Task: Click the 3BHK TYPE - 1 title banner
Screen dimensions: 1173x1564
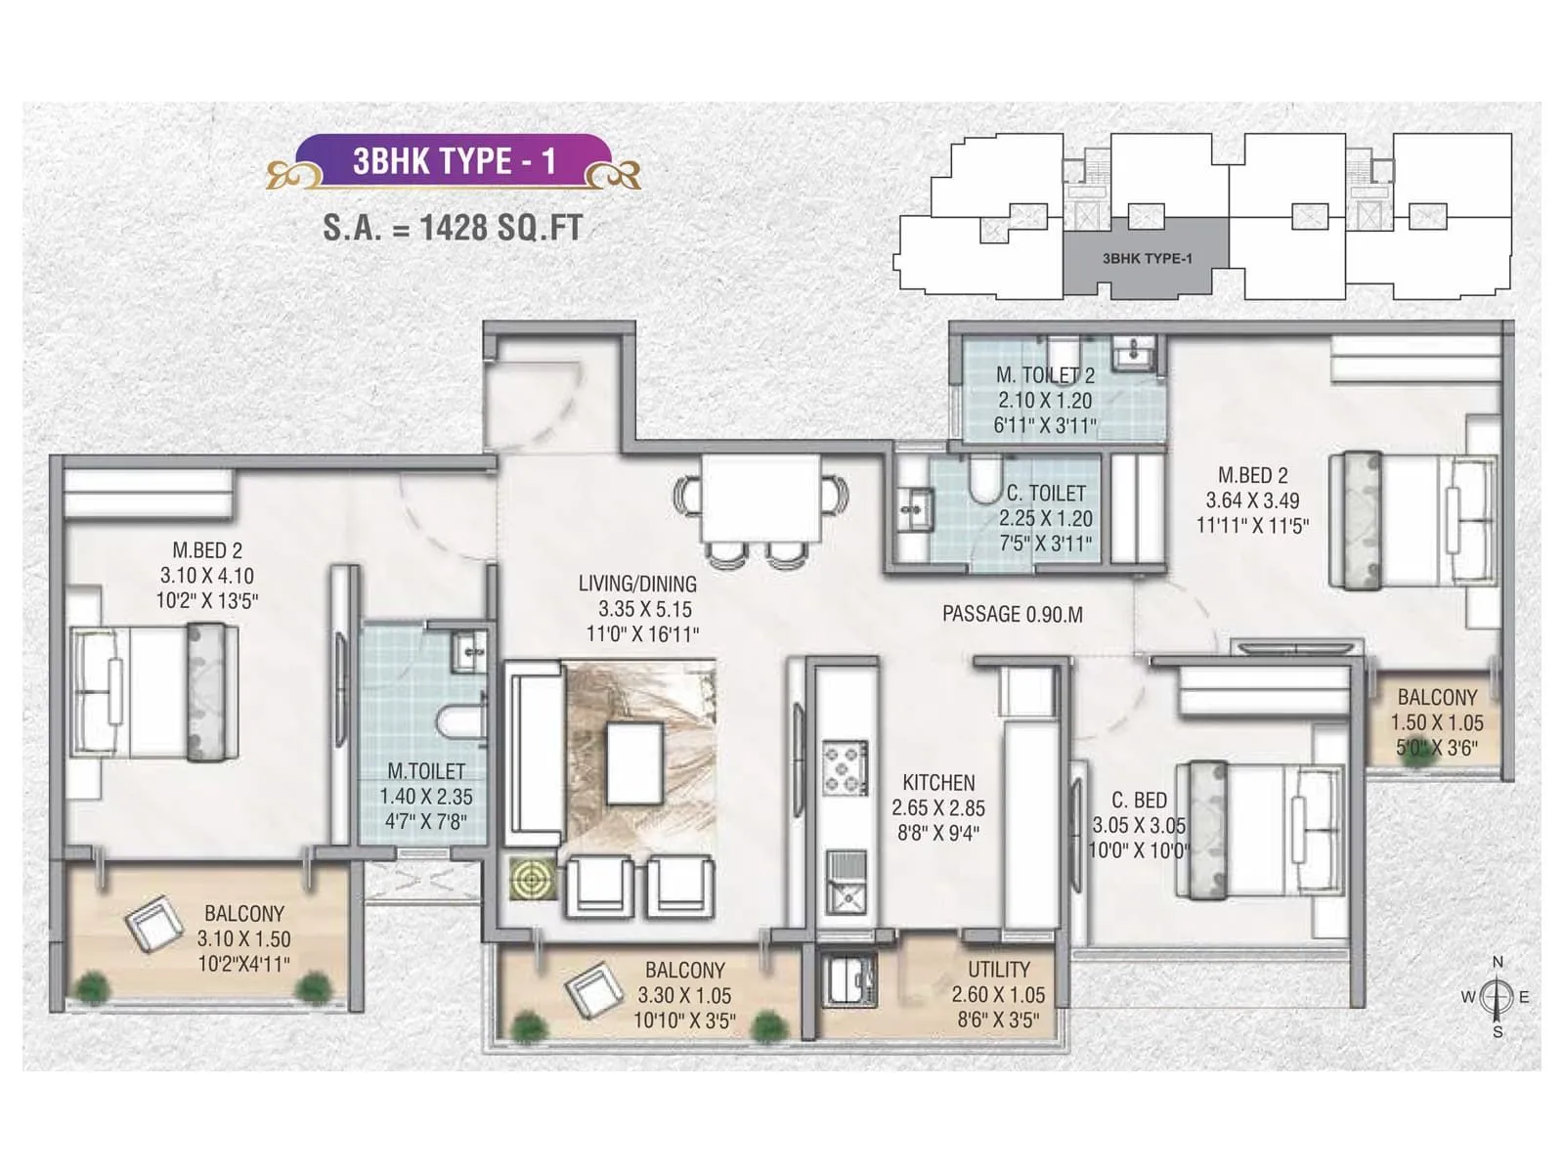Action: coord(454,160)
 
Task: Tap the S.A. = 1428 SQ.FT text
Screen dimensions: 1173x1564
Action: coord(453,228)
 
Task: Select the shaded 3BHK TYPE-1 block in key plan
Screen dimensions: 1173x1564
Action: coord(1146,258)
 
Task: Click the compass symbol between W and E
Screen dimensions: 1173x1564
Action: coord(1496,997)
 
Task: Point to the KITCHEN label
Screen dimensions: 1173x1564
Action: coord(938,783)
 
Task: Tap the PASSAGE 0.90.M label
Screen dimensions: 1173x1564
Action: coord(1012,614)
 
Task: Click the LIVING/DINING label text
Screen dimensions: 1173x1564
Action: coord(637,584)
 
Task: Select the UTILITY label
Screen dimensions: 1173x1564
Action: coord(998,970)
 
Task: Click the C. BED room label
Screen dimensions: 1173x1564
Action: coord(1139,800)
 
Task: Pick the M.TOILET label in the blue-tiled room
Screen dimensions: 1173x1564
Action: coord(426,771)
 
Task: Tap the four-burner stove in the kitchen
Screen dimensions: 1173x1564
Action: coord(845,767)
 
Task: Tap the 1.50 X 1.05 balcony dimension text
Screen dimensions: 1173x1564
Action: coord(1437,723)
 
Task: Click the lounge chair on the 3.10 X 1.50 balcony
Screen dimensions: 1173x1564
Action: coord(154,923)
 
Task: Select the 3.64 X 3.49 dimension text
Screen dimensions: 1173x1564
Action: coord(1252,500)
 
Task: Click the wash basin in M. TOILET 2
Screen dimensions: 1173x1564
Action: coord(1134,353)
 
